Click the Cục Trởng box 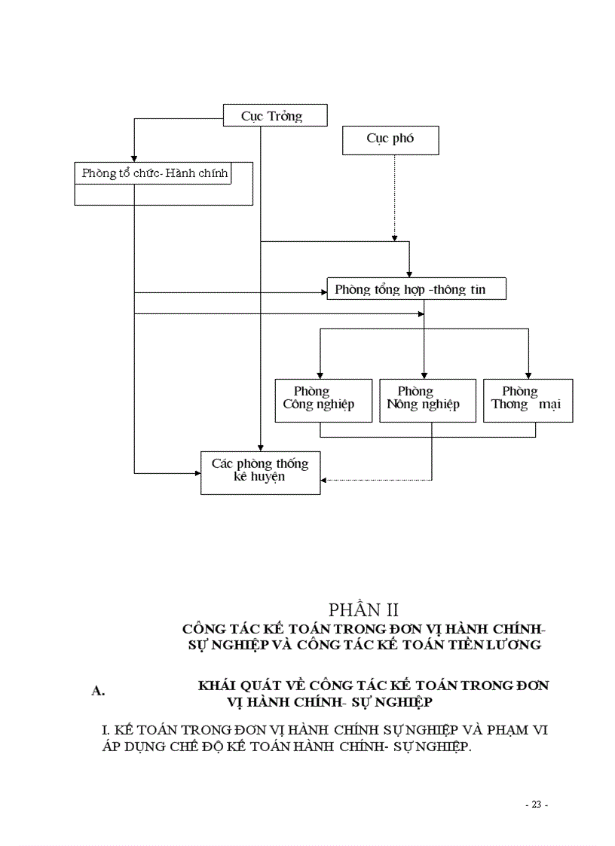[x=275, y=116]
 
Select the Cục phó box [x=390, y=140]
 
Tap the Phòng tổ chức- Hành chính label [x=155, y=174]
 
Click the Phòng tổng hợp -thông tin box [x=416, y=289]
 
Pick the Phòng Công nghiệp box [x=324, y=400]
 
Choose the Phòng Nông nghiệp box [x=427, y=400]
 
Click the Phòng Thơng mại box [x=528, y=400]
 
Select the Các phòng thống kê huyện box [x=260, y=472]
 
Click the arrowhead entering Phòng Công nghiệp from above [x=320, y=374]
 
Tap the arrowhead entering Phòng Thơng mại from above [x=528, y=374]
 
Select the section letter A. [x=98, y=691]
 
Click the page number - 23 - [x=536, y=805]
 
